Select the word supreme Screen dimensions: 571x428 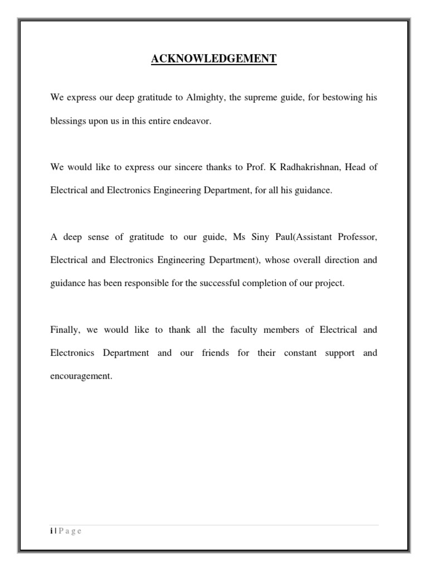265,98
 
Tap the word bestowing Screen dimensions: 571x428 338,98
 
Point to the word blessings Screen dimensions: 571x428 67,121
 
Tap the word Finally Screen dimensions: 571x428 65,330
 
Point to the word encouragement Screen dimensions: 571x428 81,376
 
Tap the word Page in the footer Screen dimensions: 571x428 70,531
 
